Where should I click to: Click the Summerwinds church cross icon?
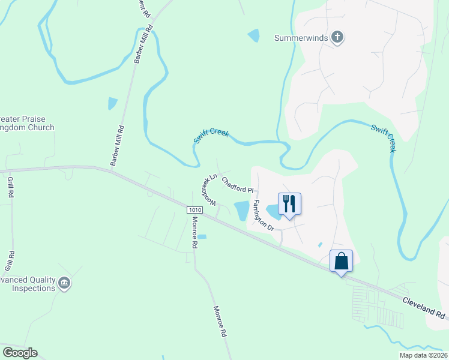(x=337, y=38)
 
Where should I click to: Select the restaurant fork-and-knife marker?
(x=289, y=204)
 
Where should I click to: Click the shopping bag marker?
(x=341, y=262)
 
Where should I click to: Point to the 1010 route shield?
(x=194, y=209)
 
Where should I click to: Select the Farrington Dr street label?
(x=263, y=215)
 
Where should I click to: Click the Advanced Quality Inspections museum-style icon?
(x=64, y=283)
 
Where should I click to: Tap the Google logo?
(x=20, y=353)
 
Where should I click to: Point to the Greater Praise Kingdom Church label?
(x=27, y=124)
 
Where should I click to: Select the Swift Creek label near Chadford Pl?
(x=211, y=135)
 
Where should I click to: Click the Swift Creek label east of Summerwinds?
(x=382, y=138)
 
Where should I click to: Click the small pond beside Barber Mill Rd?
(x=112, y=103)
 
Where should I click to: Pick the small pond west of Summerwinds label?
(x=253, y=35)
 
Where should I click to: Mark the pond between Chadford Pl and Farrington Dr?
(x=241, y=210)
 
